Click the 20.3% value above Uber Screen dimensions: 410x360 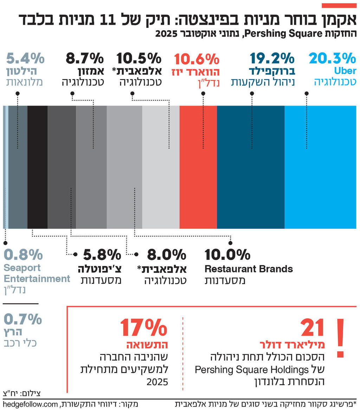(x=332, y=58)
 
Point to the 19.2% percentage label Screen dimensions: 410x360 (x=272, y=58)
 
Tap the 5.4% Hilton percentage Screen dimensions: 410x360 (x=25, y=58)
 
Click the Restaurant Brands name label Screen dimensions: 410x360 (x=249, y=269)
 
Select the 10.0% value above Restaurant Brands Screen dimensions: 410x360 (x=227, y=254)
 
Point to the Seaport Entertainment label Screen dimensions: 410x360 (x=37, y=273)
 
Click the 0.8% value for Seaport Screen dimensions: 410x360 (x=23, y=254)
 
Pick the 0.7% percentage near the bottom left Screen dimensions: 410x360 (x=23, y=320)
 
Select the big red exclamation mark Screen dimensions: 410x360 (x=340, y=338)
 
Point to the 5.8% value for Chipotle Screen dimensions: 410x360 (x=102, y=254)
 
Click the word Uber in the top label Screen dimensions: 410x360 (x=345, y=71)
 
